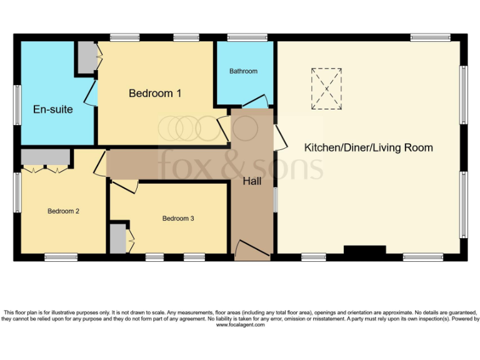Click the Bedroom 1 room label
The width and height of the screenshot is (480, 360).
[154, 94]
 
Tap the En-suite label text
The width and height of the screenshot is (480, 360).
[52, 109]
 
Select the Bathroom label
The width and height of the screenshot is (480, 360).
[243, 71]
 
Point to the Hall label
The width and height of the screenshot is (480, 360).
[252, 181]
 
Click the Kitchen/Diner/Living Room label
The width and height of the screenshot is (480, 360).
[368, 148]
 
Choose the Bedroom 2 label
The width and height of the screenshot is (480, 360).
[63, 211]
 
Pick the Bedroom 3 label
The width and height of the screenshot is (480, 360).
[178, 219]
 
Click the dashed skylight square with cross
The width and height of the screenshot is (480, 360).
[326, 89]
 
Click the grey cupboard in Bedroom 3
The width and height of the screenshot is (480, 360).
[117, 239]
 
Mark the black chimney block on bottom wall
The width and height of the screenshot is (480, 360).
[364, 251]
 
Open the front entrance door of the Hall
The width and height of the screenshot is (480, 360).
[252, 249]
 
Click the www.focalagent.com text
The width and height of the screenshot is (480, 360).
[240, 325]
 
